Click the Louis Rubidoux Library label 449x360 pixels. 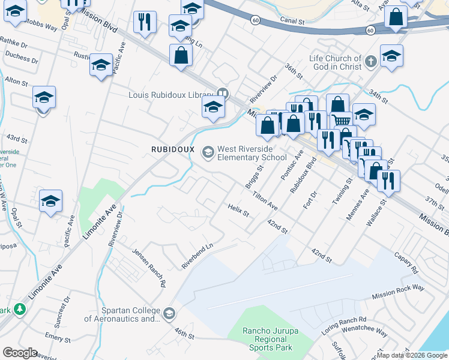[171, 94]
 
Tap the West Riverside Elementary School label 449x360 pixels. [252, 153]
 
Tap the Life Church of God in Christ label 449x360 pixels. [335, 62]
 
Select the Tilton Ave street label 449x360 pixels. [265, 200]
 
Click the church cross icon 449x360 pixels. [371, 61]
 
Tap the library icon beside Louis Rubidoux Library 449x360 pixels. [222, 94]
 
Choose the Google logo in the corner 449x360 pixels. [20, 353]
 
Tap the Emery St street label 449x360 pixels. [58, 338]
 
